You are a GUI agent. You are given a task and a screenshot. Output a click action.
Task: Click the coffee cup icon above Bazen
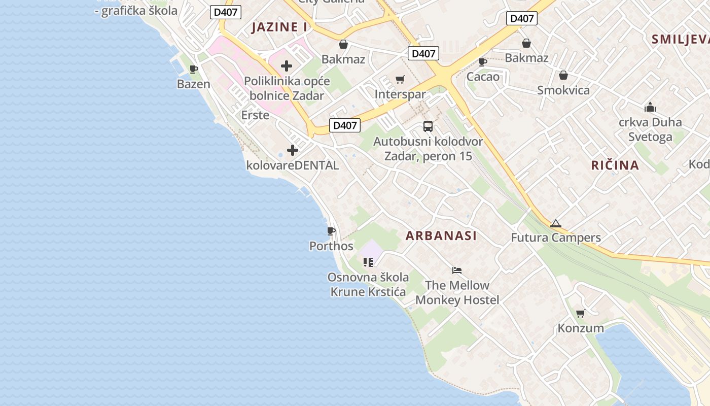(x=193, y=70)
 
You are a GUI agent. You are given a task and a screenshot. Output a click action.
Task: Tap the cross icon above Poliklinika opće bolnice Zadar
(x=287, y=66)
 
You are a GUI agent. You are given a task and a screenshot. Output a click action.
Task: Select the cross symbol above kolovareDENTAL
(x=293, y=150)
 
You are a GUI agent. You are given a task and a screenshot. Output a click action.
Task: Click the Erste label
(x=255, y=115)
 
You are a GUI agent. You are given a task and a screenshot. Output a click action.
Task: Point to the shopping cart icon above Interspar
(x=400, y=79)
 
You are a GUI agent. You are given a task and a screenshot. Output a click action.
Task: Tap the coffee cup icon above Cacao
(x=483, y=62)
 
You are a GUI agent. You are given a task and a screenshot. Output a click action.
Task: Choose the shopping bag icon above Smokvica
(x=563, y=76)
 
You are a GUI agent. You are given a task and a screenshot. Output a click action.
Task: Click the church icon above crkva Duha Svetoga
(x=650, y=108)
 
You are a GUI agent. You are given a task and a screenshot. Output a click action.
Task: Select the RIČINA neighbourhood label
(x=615, y=165)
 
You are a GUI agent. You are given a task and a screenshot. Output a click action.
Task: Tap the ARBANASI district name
(x=441, y=235)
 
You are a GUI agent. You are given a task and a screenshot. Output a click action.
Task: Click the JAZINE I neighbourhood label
(x=279, y=27)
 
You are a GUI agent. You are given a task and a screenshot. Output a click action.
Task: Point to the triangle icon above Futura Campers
(x=556, y=223)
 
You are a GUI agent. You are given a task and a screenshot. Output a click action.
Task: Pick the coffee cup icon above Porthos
(x=331, y=231)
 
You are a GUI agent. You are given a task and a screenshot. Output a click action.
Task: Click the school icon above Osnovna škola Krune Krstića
(x=368, y=262)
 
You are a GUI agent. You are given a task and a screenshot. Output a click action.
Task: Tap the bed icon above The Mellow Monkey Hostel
(x=457, y=270)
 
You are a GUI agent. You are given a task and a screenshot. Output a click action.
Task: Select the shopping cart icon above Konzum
(x=581, y=313)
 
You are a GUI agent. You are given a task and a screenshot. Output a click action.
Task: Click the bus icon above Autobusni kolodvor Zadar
(x=428, y=126)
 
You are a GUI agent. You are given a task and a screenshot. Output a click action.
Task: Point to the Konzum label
(x=581, y=328)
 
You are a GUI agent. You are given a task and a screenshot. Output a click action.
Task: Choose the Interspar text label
(x=400, y=94)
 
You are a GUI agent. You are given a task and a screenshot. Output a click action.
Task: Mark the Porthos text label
(x=331, y=246)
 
